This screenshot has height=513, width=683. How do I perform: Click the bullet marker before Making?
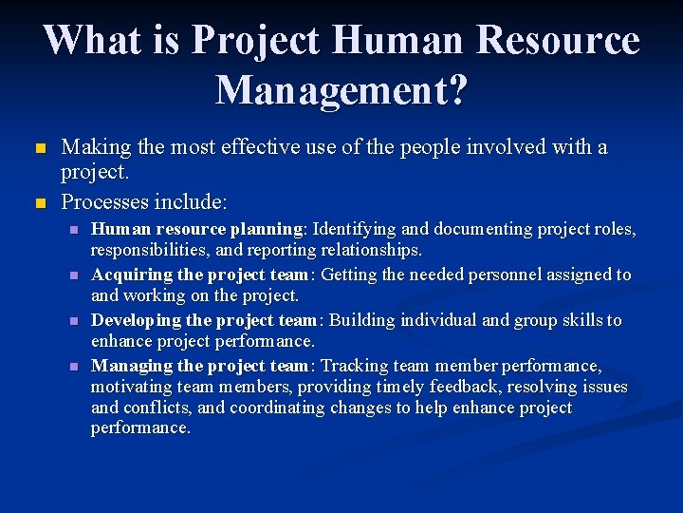tap(39, 149)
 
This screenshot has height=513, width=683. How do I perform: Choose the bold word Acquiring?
tap(131, 275)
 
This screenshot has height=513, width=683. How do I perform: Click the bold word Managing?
tap(130, 366)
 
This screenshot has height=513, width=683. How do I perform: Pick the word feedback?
tap(476, 386)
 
